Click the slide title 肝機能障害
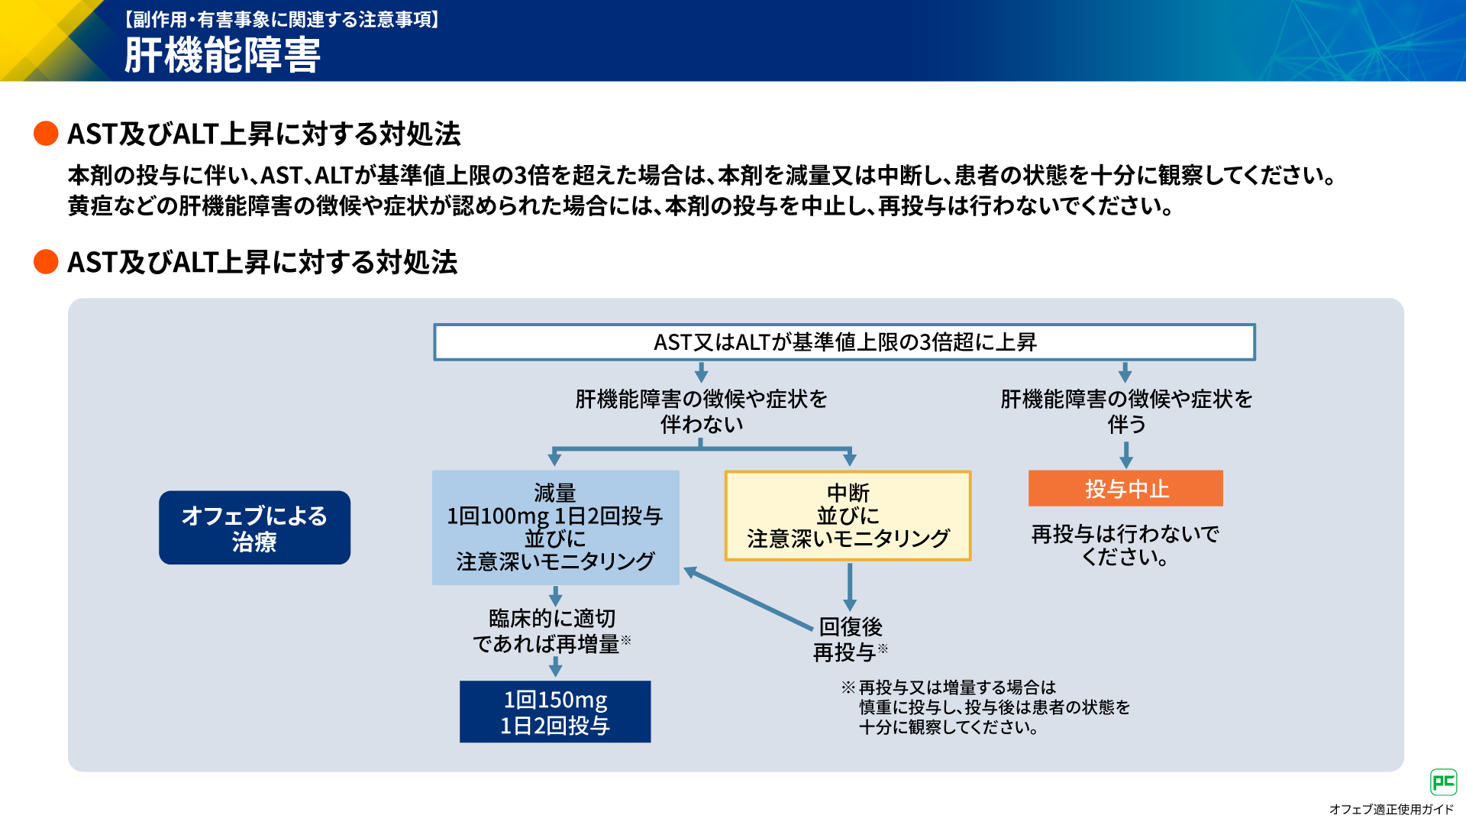(222, 55)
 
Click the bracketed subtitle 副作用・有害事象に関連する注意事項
(282, 19)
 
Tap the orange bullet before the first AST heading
(46, 134)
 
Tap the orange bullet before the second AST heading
(46, 261)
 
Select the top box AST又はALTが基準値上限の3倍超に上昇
(844, 342)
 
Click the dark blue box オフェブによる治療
(254, 528)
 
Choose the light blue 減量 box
(555, 527)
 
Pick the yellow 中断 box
(848, 516)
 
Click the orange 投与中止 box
(1125, 488)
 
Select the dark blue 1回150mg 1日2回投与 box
(555, 712)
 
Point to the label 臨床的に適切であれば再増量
(552, 631)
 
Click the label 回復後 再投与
(851, 639)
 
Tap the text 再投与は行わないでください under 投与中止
(1125, 545)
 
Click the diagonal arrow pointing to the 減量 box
(748, 598)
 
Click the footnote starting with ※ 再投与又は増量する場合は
(985, 707)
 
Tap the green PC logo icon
(1443, 782)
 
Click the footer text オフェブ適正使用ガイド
(1391, 810)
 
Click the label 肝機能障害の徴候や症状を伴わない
(701, 411)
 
